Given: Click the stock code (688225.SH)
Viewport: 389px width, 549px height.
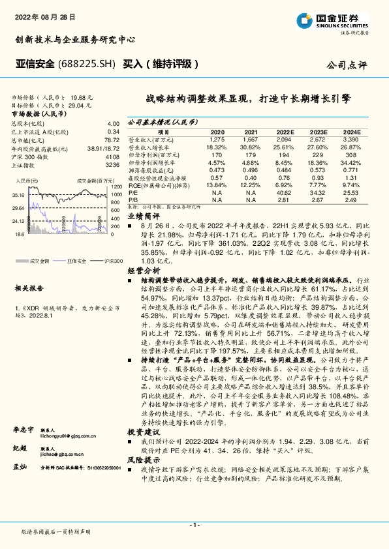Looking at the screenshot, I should coord(87,64).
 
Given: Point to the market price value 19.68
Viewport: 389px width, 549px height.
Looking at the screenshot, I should coord(78,95).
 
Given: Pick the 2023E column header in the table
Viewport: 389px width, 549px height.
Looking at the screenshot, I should coord(319,131).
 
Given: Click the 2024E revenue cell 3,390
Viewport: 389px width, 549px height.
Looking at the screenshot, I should coord(350,139).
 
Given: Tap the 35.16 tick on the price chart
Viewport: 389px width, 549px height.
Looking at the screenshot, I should coord(18,195).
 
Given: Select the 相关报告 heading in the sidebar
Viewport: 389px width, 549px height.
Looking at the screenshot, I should coord(27,287).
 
